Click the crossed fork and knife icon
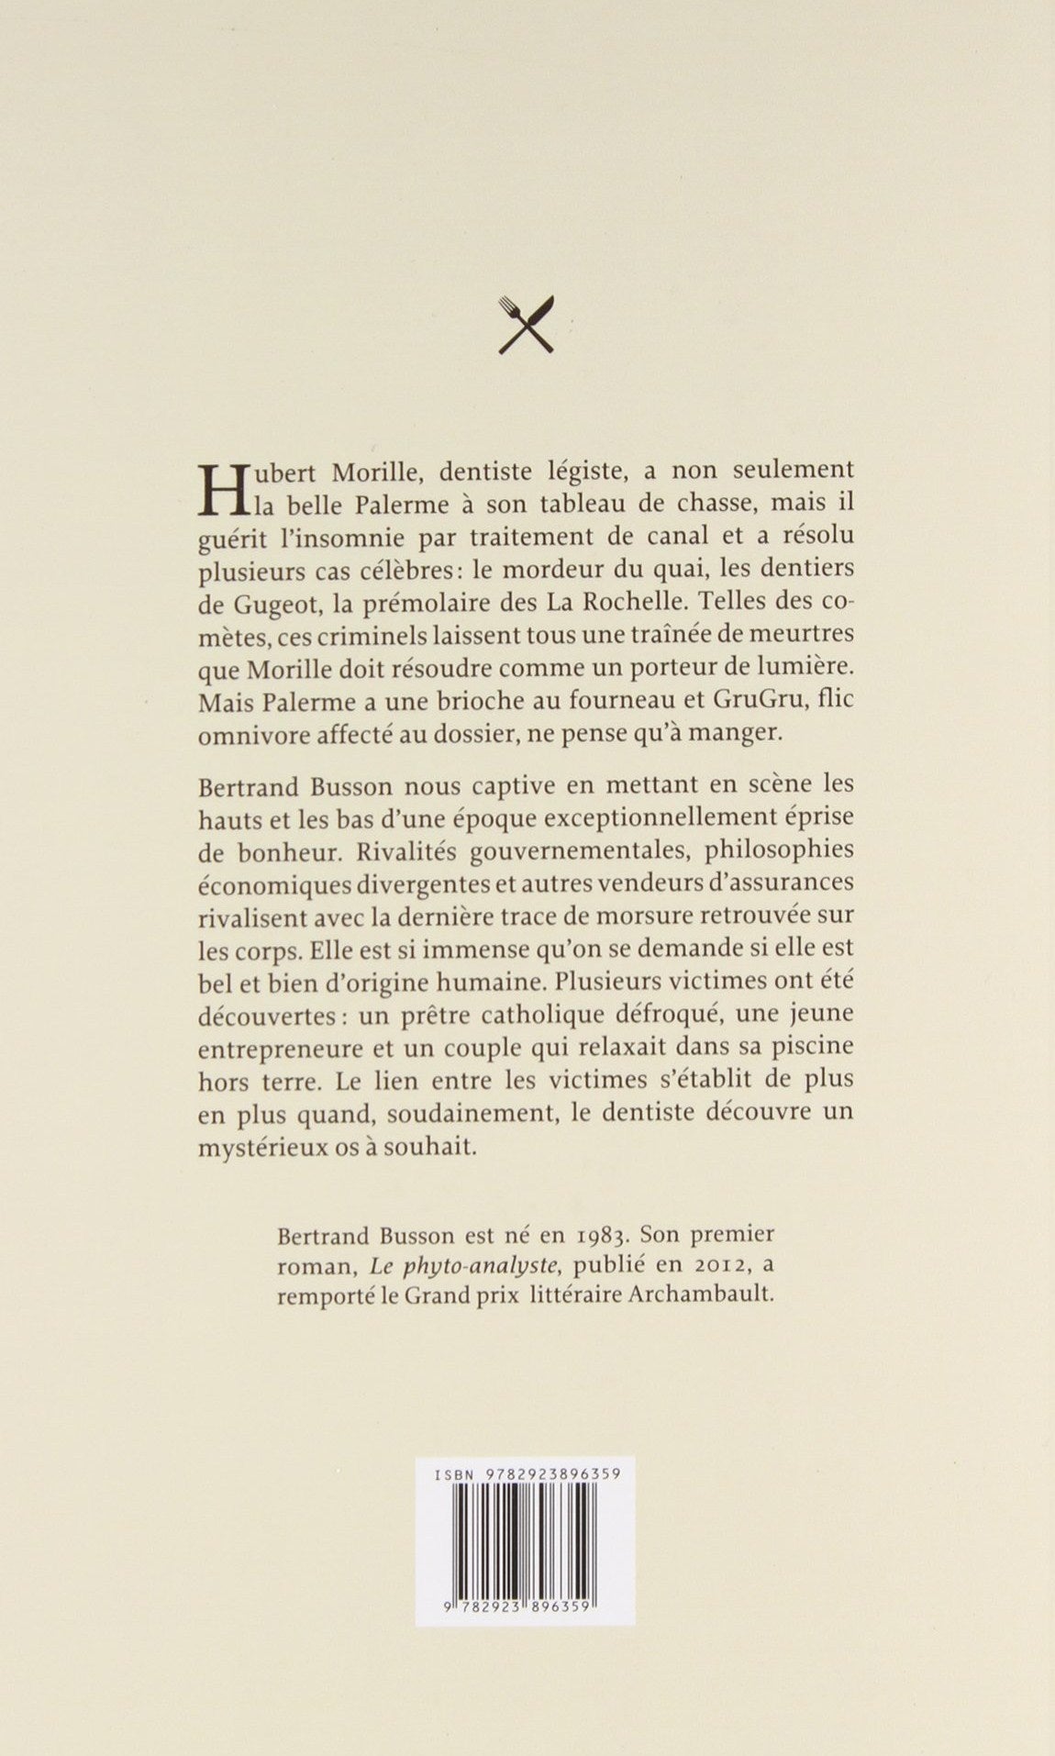tap(526, 325)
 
